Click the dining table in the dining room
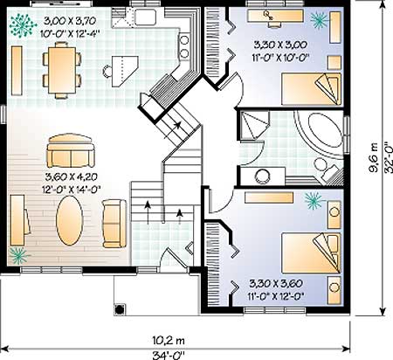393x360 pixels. point(62,70)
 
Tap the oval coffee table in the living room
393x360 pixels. point(70,220)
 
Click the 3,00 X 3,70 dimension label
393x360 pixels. point(70,21)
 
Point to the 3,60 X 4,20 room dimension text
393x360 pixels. point(72,177)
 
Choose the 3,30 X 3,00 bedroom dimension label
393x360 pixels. point(280,45)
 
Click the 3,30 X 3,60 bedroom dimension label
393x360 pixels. point(276,283)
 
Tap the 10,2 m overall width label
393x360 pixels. point(169,340)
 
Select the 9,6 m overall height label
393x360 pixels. point(374,157)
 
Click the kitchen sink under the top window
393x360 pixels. point(146,17)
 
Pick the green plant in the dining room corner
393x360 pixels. point(21,25)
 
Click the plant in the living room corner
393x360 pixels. point(18,256)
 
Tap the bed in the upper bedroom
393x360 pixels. point(311,89)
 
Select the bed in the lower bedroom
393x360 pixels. point(311,253)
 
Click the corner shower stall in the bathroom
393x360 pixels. point(254,125)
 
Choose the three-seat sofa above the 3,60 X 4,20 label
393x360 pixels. point(71,150)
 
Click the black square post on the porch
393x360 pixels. point(120,309)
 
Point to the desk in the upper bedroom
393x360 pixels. point(275,16)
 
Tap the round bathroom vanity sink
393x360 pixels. point(261,176)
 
